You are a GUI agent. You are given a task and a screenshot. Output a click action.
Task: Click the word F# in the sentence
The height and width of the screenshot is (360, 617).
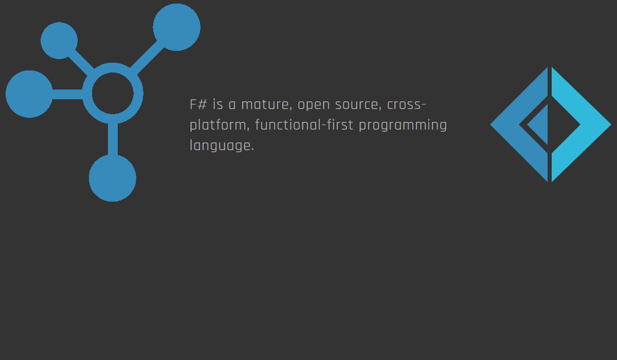coord(198,105)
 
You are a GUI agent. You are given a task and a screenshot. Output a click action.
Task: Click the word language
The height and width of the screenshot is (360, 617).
coord(222,146)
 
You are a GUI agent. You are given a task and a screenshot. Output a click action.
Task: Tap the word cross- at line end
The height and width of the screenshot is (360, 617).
coord(406,105)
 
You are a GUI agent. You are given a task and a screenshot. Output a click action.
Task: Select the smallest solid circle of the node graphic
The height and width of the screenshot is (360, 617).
coord(59,41)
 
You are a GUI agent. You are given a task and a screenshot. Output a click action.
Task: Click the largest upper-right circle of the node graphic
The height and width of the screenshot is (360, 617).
coord(176,27)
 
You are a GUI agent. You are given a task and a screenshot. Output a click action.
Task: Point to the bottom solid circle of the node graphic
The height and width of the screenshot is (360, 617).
coord(113,178)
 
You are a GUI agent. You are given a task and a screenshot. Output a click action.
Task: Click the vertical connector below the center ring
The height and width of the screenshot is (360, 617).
coord(113,139)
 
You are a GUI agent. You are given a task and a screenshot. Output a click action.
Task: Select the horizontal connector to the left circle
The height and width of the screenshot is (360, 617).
coord(67,94)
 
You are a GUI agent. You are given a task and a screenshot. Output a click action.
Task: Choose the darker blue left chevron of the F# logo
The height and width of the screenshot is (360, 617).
coord(509,124)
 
